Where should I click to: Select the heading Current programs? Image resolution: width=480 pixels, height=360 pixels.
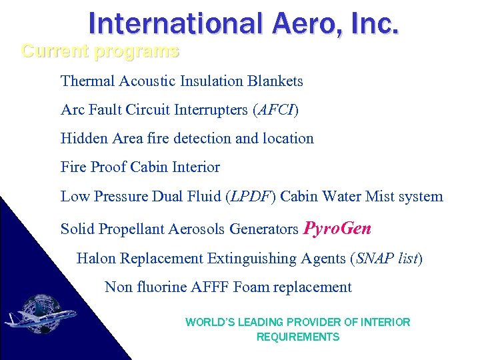click(100, 51)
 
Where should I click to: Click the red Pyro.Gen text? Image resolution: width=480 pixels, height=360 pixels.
click(337, 229)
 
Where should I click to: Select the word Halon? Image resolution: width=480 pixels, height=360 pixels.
click(95, 258)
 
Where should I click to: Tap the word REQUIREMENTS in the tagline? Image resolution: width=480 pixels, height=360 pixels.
click(298, 337)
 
